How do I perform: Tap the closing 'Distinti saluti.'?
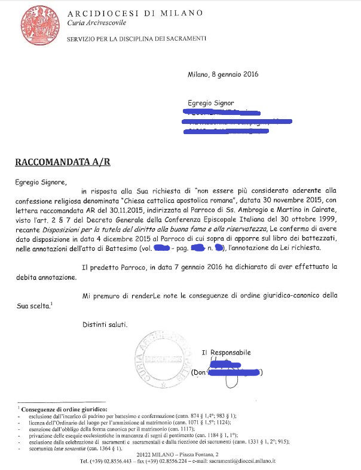pyautogui.click(x=105, y=325)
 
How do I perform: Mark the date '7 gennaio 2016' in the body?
pyautogui.click(x=177, y=265)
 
